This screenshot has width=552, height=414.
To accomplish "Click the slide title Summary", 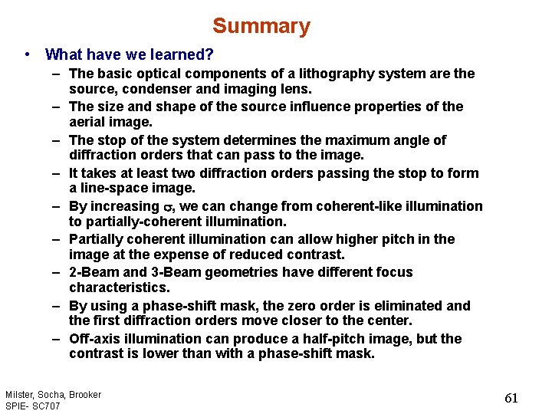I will [261, 26].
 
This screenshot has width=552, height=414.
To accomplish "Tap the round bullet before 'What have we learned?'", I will [28, 54].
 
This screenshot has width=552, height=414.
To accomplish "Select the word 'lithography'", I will [299, 74].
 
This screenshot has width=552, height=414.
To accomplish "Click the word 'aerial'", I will [88, 123].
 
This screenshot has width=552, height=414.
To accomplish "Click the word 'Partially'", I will [97, 239].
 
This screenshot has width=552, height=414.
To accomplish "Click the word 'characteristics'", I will [119, 287].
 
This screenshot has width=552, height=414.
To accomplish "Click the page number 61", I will [511, 398].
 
